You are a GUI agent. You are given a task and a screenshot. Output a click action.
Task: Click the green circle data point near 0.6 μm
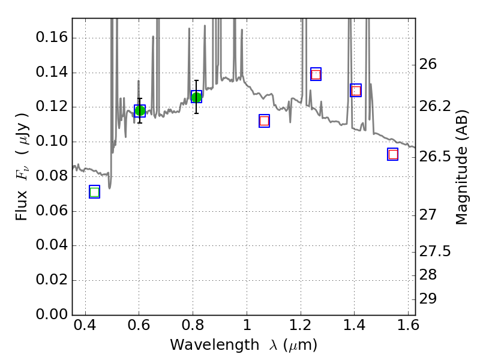(140, 110)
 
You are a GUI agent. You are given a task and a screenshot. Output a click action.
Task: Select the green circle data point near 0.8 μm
(196, 97)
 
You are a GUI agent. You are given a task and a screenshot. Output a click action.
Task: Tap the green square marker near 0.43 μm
(94, 192)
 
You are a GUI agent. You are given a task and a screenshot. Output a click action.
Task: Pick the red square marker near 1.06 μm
(264, 121)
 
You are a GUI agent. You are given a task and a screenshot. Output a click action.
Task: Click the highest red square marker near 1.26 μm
(316, 74)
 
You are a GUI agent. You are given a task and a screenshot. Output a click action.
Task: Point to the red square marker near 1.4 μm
(356, 91)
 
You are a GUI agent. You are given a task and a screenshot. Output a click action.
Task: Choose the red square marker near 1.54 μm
(393, 154)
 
